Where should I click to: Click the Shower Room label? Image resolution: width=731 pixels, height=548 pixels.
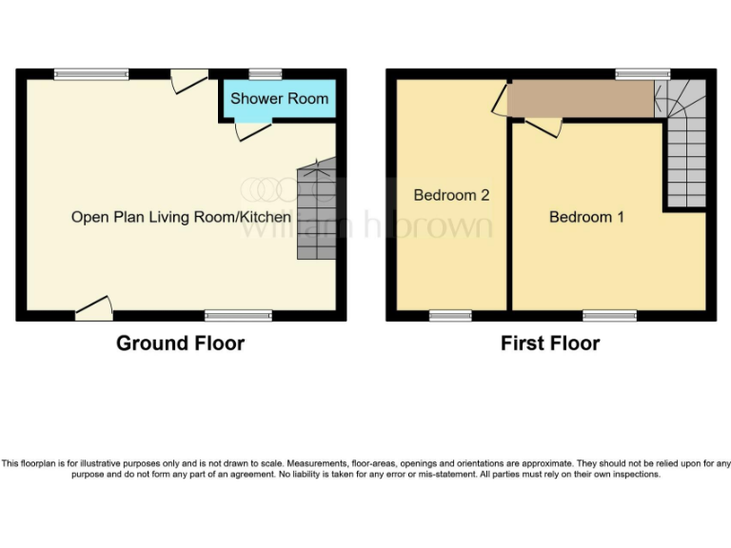tap(279, 98)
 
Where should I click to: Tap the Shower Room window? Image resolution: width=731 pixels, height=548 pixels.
tap(266, 73)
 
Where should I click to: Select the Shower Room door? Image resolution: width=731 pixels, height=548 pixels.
tap(252, 128)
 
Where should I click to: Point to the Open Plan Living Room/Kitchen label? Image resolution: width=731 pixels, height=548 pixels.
tap(181, 217)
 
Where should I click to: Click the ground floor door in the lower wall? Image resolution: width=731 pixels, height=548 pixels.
tap(94, 307)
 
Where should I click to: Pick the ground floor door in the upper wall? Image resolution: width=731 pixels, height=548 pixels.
tap(189, 82)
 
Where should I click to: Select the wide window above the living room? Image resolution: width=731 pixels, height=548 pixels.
tap(91, 73)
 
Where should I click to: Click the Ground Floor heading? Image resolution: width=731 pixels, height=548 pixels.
tap(180, 343)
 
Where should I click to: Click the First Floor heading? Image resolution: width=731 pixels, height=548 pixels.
tap(550, 343)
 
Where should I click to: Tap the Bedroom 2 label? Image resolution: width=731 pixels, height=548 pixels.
tap(451, 195)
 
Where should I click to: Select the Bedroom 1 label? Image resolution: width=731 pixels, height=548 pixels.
tap(586, 217)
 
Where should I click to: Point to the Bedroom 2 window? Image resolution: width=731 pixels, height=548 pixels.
tap(450, 315)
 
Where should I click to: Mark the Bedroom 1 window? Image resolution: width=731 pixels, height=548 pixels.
tap(609, 315)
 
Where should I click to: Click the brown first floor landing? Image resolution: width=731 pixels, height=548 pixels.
tap(580, 99)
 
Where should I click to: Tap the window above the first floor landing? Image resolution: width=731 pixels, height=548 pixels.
tap(642, 73)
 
